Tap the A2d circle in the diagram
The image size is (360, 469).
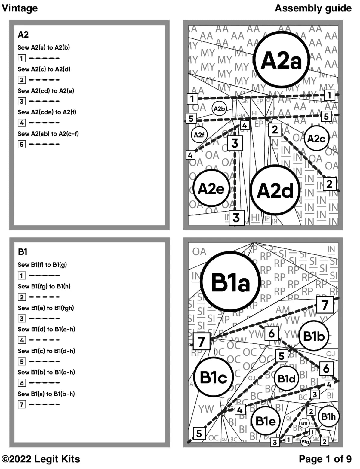[275, 190]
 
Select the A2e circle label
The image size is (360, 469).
[211, 189]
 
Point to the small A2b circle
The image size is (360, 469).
[219, 109]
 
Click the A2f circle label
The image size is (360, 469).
[199, 135]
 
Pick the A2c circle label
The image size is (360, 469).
[316, 139]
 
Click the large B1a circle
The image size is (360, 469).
[230, 282]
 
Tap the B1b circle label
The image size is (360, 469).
[314, 336]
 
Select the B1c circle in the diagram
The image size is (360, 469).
[213, 377]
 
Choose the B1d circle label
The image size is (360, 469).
[287, 379]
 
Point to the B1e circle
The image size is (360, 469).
[265, 421]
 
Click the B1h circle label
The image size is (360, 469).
[328, 416]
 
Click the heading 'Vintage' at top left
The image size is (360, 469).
[20, 8]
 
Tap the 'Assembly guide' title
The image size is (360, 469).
[313, 8]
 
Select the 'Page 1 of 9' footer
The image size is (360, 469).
[325, 459]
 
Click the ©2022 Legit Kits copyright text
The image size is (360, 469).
[41, 459]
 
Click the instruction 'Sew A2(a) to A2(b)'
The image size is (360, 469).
[44, 47]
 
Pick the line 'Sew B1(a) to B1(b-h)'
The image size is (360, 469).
[46, 394]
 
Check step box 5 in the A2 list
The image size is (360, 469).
[22, 144]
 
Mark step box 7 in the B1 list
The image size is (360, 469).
[22, 404]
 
